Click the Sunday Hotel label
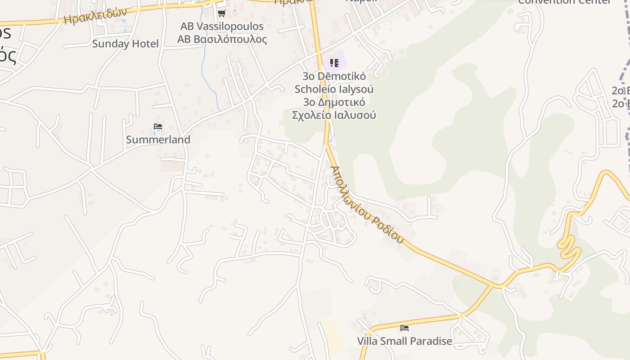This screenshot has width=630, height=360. pyautogui.click(x=125, y=44)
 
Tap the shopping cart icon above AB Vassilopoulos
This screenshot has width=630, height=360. pyautogui.click(x=221, y=13)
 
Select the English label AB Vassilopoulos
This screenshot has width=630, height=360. pyautogui.click(x=222, y=26)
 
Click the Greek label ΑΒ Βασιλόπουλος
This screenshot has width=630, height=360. pyautogui.click(x=222, y=39)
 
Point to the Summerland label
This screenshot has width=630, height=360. pyautogui.click(x=158, y=139)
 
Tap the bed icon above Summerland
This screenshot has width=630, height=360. pyautogui.click(x=158, y=126)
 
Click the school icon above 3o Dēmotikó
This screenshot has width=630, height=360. pyautogui.click(x=334, y=63)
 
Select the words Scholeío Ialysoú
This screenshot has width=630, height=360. pyautogui.click(x=334, y=89)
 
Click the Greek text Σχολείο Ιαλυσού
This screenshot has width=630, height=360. pyautogui.click(x=334, y=115)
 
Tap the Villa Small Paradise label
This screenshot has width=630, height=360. pyautogui.click(x=405, y=341)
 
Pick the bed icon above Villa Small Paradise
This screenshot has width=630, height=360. pyautogui.click(x=405, y=328)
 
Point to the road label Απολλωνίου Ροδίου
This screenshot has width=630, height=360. pyautogui.click(x=367, y=205)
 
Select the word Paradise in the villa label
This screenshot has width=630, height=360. pyautogui.click(x=430, y=341)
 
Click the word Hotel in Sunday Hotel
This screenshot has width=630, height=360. pyautogui.click(x=144, y=44)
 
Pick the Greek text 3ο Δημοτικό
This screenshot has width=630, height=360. pyautogui.click(x=334, y=102)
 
